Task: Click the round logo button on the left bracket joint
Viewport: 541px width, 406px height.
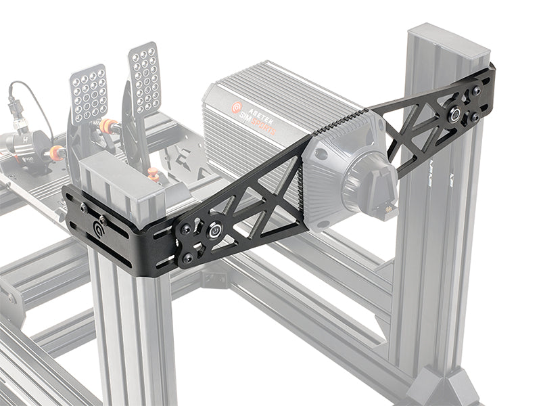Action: tap(213, 230)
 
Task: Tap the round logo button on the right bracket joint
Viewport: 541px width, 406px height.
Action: tap(457, 113)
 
